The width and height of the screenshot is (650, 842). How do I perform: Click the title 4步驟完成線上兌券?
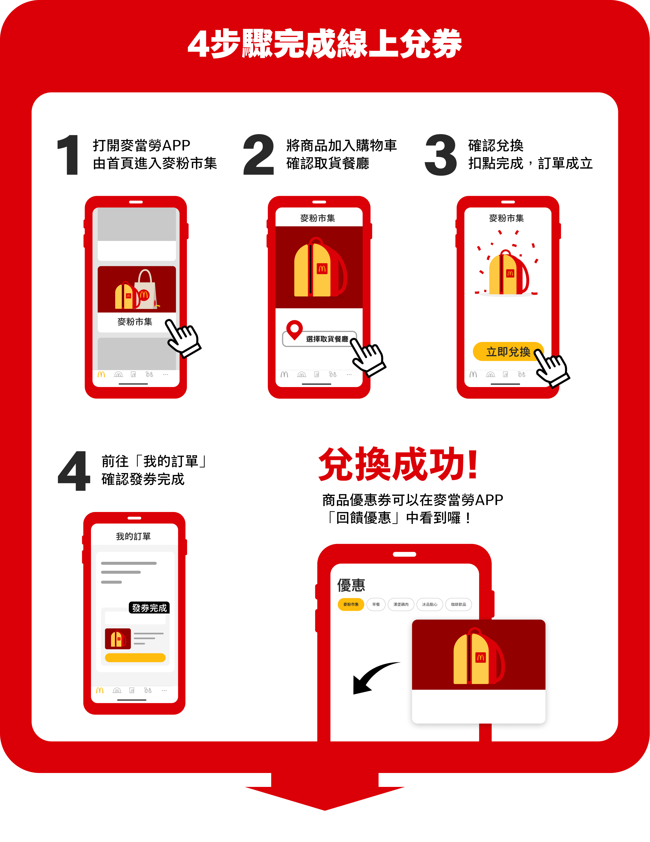click(325, 44)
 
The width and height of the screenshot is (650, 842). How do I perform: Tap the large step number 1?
click(69, 155)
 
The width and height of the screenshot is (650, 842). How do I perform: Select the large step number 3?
click(441, 155)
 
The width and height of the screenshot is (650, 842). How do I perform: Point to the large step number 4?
click(74, 471)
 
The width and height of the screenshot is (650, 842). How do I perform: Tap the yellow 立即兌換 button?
click(507, 352)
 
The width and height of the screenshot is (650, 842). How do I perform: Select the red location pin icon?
click(294, 329)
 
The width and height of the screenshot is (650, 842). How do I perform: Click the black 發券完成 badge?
click(149, 608)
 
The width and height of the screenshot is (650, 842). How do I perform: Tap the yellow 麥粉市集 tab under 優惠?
click(351, 605)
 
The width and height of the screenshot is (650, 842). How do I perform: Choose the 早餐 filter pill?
click(376, 605)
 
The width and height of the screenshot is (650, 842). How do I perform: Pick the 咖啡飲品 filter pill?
click(458, 605)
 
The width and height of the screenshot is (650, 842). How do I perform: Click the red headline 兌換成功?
click(398, 465)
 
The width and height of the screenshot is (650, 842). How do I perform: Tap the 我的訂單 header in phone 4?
click(133, 536)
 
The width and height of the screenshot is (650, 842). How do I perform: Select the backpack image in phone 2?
click(319, 268)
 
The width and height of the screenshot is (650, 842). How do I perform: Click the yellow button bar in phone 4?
click(135, 658)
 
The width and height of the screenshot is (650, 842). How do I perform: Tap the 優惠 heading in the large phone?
click(351, 585)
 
